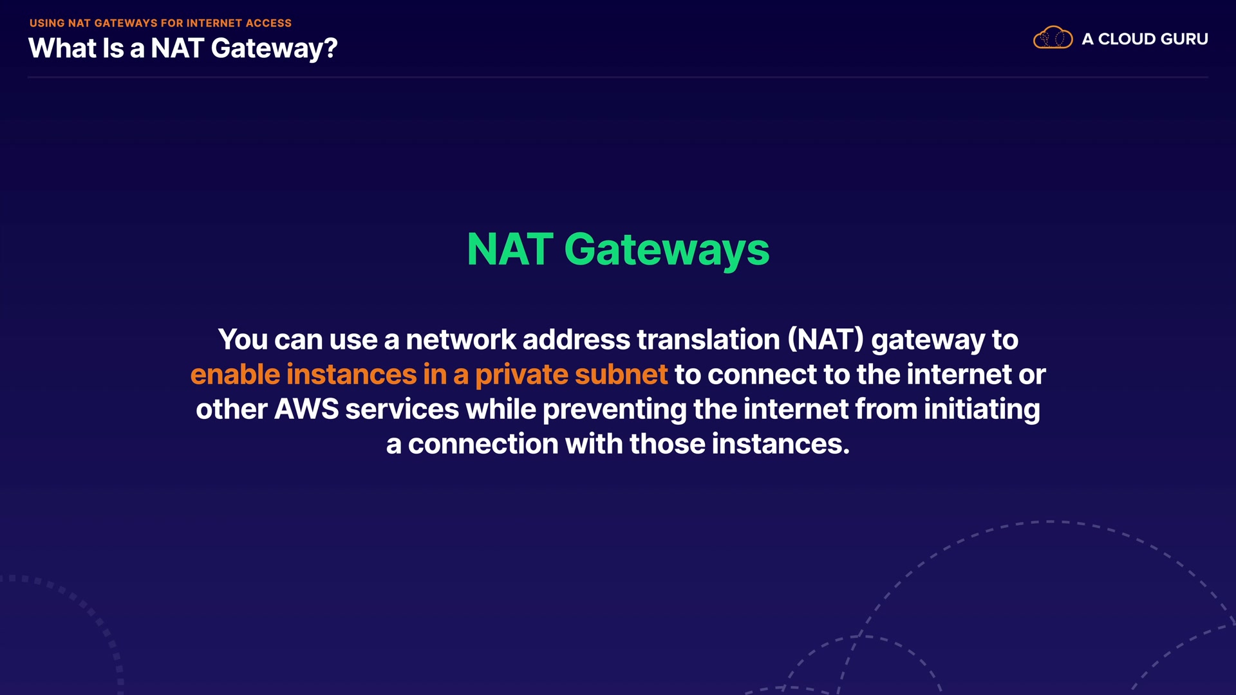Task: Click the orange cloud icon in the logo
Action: coord(1053,38)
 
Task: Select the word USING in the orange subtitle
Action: coord(47,23)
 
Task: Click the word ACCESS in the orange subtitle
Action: coord(268,23)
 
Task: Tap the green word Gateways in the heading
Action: coord(666,250)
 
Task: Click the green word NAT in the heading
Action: coord(509,250)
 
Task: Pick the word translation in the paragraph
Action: coord(708,340)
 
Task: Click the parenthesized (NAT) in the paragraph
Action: coord(825,340)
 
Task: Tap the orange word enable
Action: coord(235,375)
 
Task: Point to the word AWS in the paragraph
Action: coord(306,409)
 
